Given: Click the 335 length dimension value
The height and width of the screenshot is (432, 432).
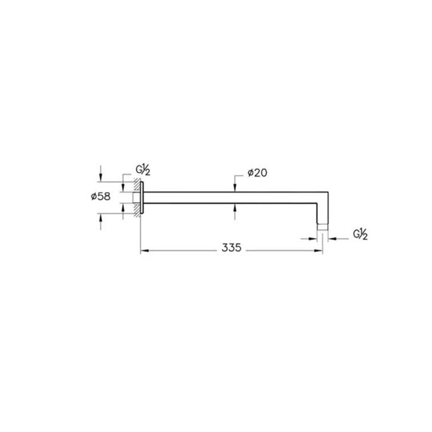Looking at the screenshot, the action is [232, 248].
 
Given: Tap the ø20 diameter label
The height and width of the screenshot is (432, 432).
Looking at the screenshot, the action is [257, 173].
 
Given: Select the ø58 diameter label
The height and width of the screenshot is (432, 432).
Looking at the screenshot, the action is [100, 196].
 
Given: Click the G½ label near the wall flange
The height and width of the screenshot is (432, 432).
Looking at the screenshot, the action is [143, 170].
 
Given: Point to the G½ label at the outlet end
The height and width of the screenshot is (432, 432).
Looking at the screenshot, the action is [360, 235].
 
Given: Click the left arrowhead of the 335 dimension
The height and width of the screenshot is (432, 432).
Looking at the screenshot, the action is [144, 251].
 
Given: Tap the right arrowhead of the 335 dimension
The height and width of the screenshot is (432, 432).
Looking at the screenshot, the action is [318, 251].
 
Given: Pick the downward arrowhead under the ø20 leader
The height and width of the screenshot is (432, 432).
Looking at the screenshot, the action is [235, 188].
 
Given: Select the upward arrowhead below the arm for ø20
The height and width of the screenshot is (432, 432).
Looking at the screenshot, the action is [235, 208].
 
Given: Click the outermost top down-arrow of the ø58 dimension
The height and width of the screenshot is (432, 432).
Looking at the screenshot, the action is [101, 177].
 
